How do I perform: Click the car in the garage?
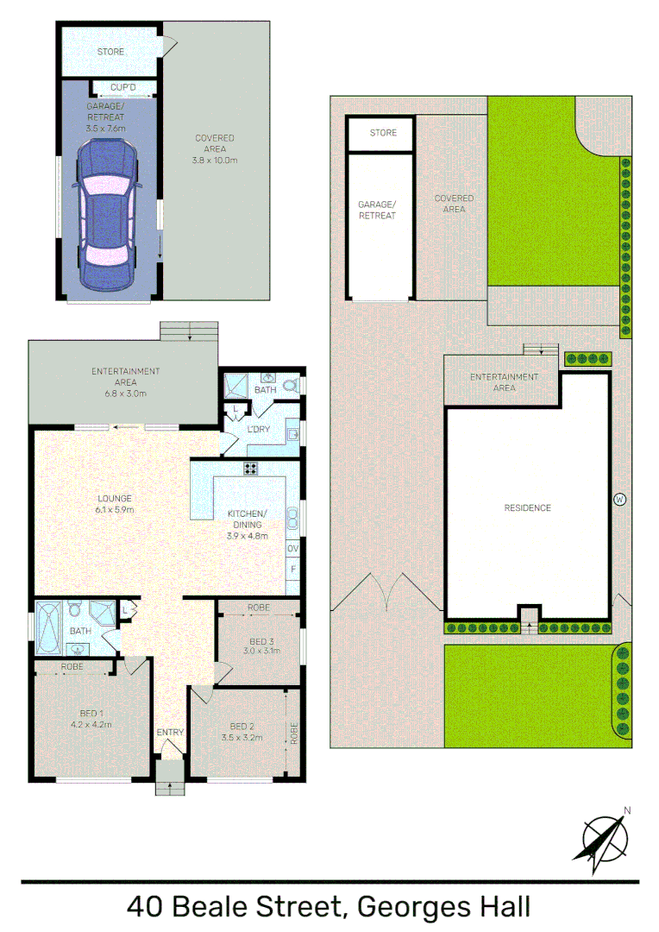click(x=107, y=216)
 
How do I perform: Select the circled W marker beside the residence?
click(x=618, y=499)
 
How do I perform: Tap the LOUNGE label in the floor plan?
click(x=114, y=499)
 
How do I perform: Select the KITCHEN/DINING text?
click(x=248, y=520)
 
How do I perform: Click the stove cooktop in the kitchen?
click(x=252, y=469)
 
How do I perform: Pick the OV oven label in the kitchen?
click(x=292, y=549)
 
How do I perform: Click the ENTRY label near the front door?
click(x=170, y=733)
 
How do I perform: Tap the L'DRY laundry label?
click(x=260, y=429)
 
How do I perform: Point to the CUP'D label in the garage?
click(x=123, y=87)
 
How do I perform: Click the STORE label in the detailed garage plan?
click(x=110, y=52)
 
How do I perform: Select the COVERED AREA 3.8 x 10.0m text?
click(x=214, y=148)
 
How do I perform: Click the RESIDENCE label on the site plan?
click(x=527, y=508)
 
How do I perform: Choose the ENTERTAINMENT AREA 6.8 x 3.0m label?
click(x=126, y=377)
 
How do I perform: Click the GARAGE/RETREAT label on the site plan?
click(x=377, y=210)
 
